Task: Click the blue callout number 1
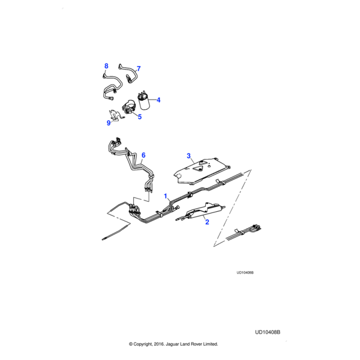click(166, 195)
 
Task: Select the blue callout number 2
click(207, 222)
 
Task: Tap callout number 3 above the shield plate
click(188, 156)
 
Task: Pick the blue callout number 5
click(139, 116)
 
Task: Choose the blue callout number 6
click(143, 155)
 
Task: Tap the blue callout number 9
click(109, 122)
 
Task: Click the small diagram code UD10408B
click(245, 272)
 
